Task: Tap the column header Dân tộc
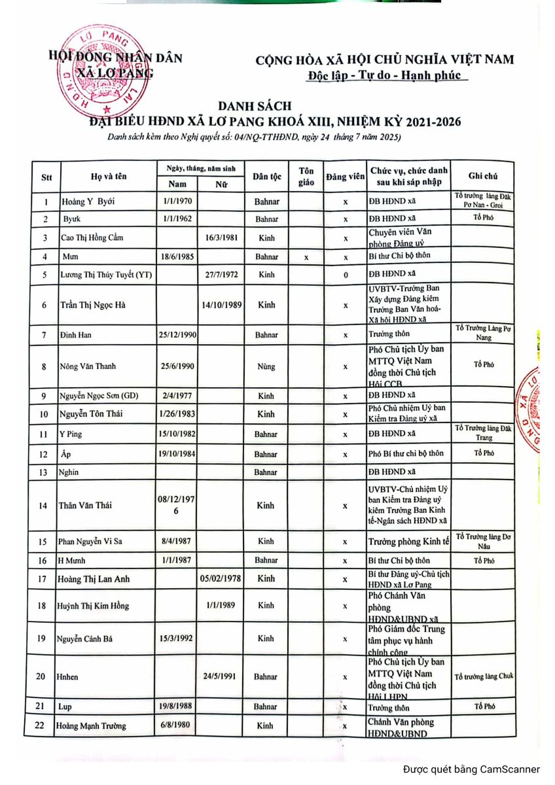[266, 176]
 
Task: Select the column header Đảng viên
[345, 177]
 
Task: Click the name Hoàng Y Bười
[88, 201]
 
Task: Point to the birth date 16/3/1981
[221, 237]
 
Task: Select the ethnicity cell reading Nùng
[266, 366]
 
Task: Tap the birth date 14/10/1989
[221, 305]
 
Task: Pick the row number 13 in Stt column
[44, 472]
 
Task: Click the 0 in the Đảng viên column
[345, 275]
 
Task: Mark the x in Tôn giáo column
[306, 257]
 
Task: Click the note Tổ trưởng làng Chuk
[484, 676]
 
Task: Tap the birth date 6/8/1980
[176, 725]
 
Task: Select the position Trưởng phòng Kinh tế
[408, 542]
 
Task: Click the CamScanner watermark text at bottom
[471, 769]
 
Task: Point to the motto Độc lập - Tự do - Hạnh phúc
[388, 75]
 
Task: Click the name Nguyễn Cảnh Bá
[84, 638]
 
